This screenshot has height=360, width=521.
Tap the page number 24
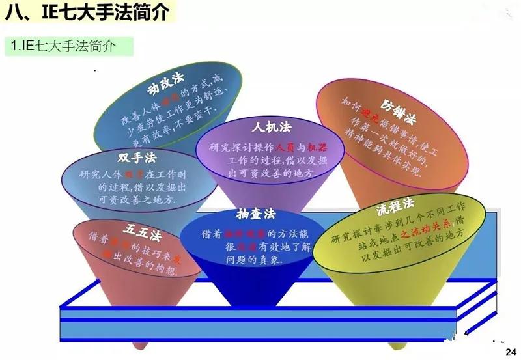click(x=510, y=352)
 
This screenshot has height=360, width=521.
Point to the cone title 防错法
click(x=399, y=106)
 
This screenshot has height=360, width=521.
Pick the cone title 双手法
click(x=137, y=158)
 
